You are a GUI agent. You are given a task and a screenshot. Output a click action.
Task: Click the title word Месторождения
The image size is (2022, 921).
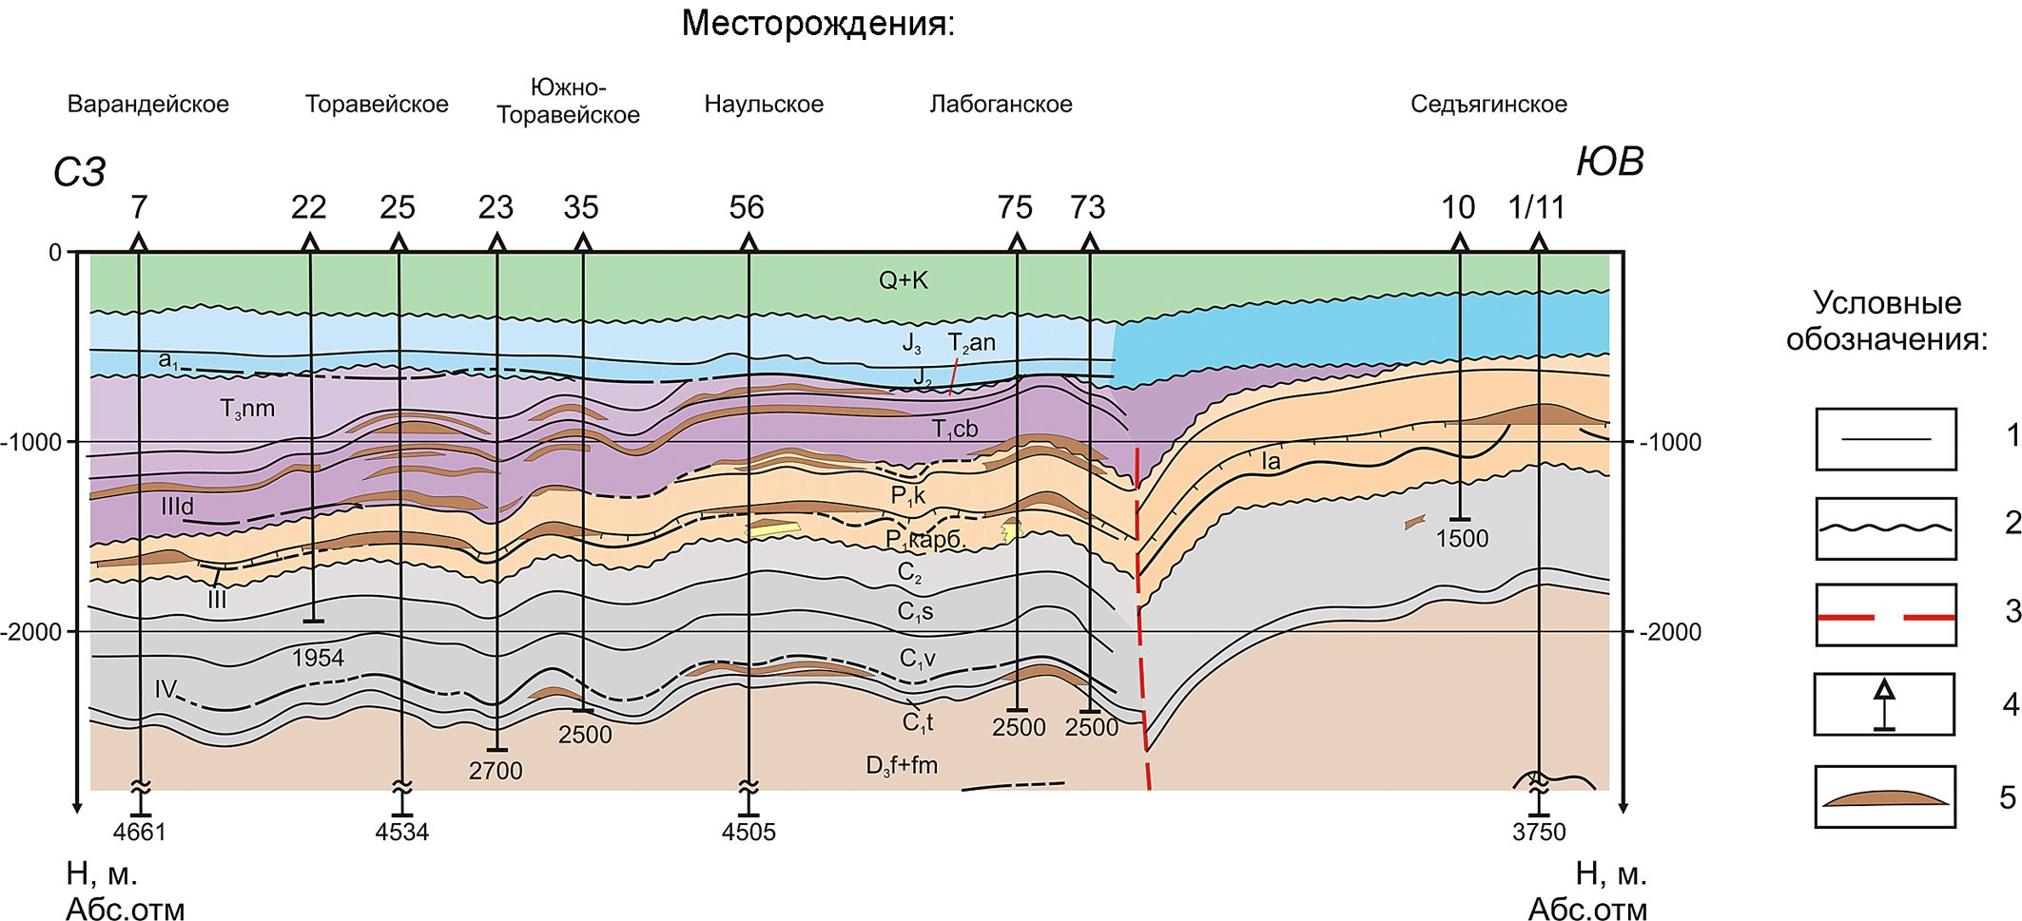tap(817, 24)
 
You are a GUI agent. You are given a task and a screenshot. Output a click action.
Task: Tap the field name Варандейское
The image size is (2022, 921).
tap(148, 105)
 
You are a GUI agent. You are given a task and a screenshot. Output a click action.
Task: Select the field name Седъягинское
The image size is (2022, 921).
tap(1488, 105)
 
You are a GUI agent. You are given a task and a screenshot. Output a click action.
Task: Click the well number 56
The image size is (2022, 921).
tap(747, 207)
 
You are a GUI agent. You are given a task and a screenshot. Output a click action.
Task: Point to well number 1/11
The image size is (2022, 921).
tap(1536, 207)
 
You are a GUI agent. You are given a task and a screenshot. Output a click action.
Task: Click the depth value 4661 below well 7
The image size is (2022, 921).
tap(139, 833)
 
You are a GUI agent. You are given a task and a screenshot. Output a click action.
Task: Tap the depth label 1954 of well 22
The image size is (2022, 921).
tap(318, 658)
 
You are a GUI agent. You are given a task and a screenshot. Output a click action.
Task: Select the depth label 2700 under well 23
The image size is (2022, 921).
tap(496, 771)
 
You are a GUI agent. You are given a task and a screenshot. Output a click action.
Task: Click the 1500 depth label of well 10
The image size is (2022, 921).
tap(1462, 539)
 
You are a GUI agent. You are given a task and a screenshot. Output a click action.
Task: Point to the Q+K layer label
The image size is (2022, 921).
tap(903, 280)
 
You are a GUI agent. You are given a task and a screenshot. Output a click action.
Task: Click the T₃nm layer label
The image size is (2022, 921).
tap(247, 410)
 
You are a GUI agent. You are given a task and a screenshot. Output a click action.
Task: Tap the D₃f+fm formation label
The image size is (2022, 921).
tap(902, 765)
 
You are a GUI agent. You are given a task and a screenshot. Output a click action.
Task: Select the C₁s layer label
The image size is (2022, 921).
tap(915, 612)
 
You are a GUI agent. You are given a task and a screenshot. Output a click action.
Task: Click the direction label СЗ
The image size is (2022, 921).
tap(79, 173)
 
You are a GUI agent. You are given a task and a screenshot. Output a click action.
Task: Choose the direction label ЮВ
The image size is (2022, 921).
tap(1610, 162)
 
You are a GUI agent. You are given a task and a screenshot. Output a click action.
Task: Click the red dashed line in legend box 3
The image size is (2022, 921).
tap(1885, 617)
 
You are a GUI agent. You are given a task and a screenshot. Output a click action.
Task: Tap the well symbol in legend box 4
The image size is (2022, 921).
tap(1884, 704)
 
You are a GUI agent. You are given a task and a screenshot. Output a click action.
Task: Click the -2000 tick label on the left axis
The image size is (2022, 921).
tap(31, 632)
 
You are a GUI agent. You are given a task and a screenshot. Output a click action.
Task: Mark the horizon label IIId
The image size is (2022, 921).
tap(178, 507)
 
